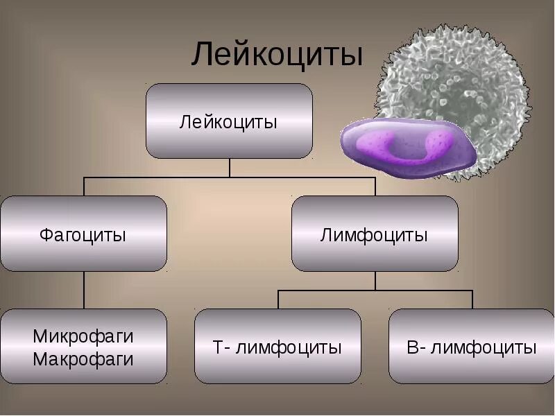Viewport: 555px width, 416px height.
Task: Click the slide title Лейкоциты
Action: pyautogui.click(x=277, y=55)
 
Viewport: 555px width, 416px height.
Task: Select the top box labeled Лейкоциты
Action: pyautogui.click(x=229, y=121)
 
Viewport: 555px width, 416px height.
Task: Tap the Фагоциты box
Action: pyautogui.click(x=83, y=234)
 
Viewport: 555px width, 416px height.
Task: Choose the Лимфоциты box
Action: pyautogui.click(x=375, y=234)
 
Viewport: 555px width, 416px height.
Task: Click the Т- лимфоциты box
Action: pyautogui.click(x=277, y=346)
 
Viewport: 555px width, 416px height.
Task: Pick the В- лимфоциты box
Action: pyautogui.click(x=472, y=346)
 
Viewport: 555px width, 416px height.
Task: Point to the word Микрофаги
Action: pyautogui.click(x=83, y=336)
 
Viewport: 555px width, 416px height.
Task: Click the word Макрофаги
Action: pyautogui.click(x=83, y=359)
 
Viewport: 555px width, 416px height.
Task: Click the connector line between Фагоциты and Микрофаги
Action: pyautogui.click(x=84, y=290)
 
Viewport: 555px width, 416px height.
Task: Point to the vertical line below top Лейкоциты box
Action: pyautogui.click(x=230, y=168)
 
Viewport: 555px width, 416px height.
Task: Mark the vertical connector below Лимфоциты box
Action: pyautogui.click(x=375, y=280)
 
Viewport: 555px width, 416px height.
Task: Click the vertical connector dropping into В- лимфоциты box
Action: pyautogui.click(x=472, y=300)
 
